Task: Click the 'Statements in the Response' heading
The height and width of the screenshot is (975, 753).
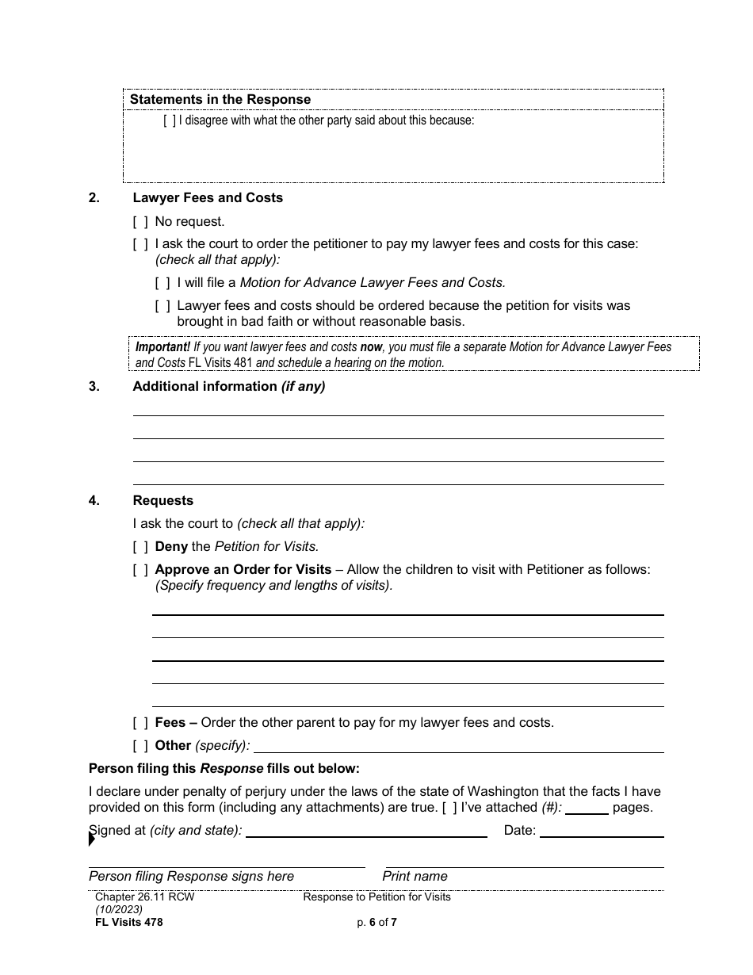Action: [x=220, y=100]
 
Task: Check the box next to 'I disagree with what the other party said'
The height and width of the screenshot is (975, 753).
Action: [x=170, y=121]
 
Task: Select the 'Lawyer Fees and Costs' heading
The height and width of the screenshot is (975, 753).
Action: [x=208, y=198]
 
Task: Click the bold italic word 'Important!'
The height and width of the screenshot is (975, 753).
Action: [x=162, y=347]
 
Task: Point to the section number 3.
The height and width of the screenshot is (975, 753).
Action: [x=94, y=387]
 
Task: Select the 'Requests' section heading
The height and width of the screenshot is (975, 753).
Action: [x=162, y=501]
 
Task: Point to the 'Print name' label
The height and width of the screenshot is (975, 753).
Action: [x=415, y=877]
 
